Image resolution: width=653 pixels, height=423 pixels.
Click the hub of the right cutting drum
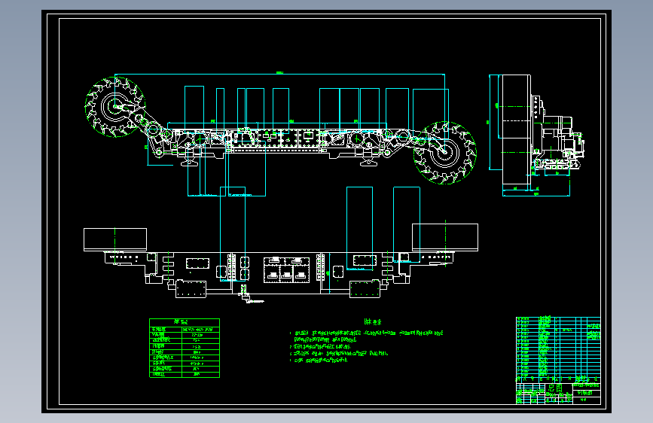pyautogui.click(x=445, y=152)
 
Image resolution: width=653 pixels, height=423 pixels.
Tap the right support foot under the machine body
pyautogui.click(x=368, y=162)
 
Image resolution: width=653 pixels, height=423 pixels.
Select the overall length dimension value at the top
pyautogui.click(x=279, y=72)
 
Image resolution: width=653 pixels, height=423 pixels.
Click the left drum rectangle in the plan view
pyautogui.click(x=114, y=239)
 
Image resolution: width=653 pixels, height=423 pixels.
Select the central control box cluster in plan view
pyautogui.click(x=285, y=269)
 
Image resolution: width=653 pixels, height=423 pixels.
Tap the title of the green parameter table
pyautogui.click(x=184, y=323)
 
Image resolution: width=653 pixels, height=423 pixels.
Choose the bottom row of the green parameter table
pyautogui.click(x=184, y=373)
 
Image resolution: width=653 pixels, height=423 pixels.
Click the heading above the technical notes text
pyautogui.click(x=369, y=319)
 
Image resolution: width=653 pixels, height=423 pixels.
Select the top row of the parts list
pyautogui.click(x=557, y=320)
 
